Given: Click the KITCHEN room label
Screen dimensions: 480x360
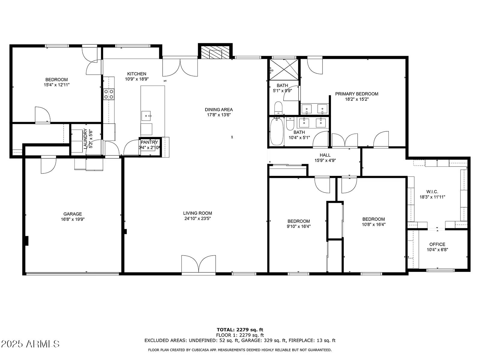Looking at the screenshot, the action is [x=137, y=74].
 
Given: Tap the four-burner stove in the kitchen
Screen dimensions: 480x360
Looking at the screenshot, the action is [x=109, y=94].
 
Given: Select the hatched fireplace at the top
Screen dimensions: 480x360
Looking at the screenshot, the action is [x=215, y=52].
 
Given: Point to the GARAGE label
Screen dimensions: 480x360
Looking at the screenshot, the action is [x=73, y=214].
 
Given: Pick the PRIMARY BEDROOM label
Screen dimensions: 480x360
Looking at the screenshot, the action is [x=357, y=94].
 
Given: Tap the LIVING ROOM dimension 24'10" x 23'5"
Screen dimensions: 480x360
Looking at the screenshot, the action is [x=197, y=218].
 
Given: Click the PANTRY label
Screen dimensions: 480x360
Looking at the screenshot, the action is [x=149, y=142].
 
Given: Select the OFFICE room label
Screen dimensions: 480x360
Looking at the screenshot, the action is [x=437, y=244].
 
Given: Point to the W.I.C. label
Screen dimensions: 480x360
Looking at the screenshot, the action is [x=432, y=192].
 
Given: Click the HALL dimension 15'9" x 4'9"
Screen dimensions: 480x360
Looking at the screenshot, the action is [x=325, y=160].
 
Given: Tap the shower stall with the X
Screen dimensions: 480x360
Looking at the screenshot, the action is [x=284, y=70].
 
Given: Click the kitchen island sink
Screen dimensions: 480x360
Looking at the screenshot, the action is [x=146, y=116].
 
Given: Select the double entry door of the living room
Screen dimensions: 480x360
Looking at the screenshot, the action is [x=199, y=264].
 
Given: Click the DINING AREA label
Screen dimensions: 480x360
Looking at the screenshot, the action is [x=219, y=110].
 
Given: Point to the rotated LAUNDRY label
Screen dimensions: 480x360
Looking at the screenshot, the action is [x=85, y=139].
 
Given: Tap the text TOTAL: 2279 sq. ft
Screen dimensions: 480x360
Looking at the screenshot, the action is [x=240, y=330].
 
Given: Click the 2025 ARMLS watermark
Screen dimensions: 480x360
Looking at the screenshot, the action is [x=30, y=344].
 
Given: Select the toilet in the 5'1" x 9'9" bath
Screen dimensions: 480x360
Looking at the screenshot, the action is [x=278, y=108].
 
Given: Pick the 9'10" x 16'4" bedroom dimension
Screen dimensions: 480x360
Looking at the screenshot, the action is [x=298, y=226].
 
